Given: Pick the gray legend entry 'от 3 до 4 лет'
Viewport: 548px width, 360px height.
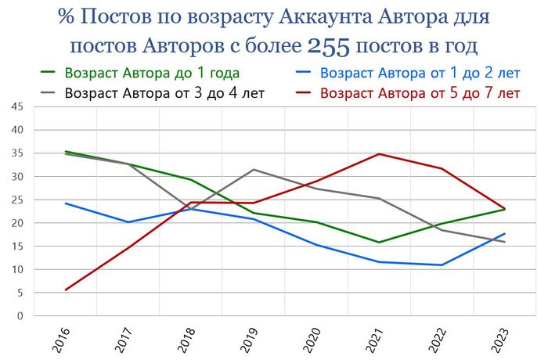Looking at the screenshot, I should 165,93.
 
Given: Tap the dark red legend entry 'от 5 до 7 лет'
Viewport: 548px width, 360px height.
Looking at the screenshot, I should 420,93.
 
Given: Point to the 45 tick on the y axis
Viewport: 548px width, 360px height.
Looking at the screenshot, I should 17,106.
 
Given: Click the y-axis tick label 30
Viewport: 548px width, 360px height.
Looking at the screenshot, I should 17,176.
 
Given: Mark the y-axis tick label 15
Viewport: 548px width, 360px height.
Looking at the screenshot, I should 17,247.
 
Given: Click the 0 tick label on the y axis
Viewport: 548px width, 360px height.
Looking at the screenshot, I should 20,316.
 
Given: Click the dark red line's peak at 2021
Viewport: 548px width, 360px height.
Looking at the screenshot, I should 379,154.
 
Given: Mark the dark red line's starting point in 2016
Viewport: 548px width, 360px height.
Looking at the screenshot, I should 66,290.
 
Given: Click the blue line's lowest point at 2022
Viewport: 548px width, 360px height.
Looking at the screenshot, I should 442,265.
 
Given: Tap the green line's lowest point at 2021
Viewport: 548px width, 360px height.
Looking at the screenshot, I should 379,243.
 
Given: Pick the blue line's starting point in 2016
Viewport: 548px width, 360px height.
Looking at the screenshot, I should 66,203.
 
